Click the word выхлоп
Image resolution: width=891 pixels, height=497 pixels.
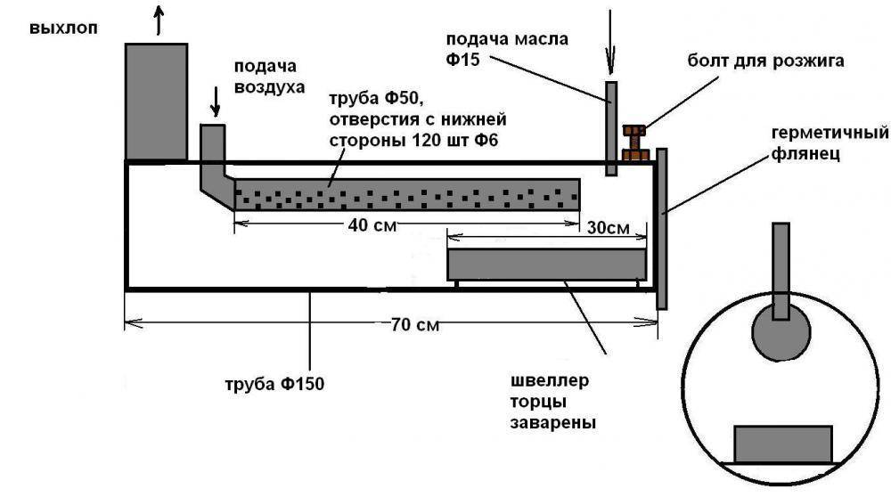tap(63, 29)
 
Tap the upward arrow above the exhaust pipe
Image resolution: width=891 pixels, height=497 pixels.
tap(159, 20)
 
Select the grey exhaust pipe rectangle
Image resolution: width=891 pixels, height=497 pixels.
tap(156, 102)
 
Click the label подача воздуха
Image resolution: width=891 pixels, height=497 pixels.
tap(269, 77)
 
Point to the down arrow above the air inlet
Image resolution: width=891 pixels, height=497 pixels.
tap(216, 102)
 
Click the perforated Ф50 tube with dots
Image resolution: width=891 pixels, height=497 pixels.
tap(407, 195)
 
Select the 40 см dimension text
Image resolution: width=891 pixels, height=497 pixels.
tap(372, 225)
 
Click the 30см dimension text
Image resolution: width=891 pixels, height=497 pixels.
tap(608, 228)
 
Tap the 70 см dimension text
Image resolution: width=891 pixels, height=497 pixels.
tap(415, 325)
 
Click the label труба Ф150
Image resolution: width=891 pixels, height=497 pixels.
tap(274, 384)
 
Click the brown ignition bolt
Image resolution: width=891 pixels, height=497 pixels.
tap(634, 143)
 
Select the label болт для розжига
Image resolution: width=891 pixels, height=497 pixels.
tap(765, 61)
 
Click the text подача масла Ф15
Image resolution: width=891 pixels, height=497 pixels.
tap(507, 49)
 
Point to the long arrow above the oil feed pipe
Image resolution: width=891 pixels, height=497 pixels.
tap(611, 42)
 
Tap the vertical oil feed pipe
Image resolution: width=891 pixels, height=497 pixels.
tap(611, 128)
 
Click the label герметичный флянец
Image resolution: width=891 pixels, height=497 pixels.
tap(830, 143)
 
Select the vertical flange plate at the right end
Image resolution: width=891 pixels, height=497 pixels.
tap(661, 229)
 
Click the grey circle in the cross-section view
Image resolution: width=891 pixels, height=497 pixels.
tap(781, 332)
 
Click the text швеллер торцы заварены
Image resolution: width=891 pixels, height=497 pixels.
tap(553, 402)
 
